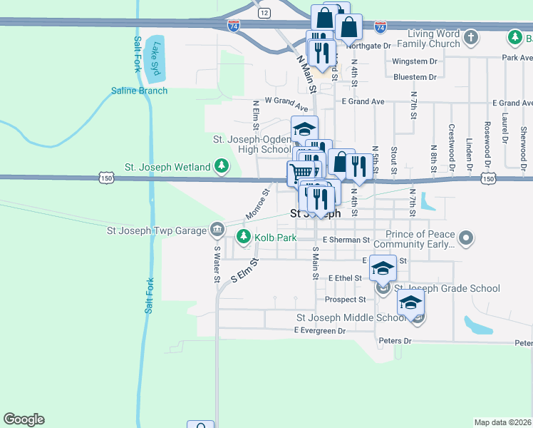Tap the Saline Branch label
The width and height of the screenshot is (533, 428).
(x=139, y=91)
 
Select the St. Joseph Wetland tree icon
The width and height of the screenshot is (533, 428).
(x=222, y=167)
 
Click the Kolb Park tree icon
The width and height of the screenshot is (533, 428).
(x=244, y=237)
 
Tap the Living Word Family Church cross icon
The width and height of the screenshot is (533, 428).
(x=470, y=36)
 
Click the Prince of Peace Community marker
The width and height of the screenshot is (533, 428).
(x=467, y=237)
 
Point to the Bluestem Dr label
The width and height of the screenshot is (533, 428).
(x=414, y=77)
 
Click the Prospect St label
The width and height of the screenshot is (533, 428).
(x=345, y=300)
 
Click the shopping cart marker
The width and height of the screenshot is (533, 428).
(x=301, y=172)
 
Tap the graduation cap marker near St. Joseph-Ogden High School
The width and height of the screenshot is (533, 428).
(x=305, y=128)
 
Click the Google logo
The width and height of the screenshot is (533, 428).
(x=24, y=419)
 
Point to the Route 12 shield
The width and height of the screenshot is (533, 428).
(x=264, y=14)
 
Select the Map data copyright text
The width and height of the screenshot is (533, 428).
(x=502, y=422)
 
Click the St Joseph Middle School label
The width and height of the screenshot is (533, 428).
(x=351, y=317)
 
